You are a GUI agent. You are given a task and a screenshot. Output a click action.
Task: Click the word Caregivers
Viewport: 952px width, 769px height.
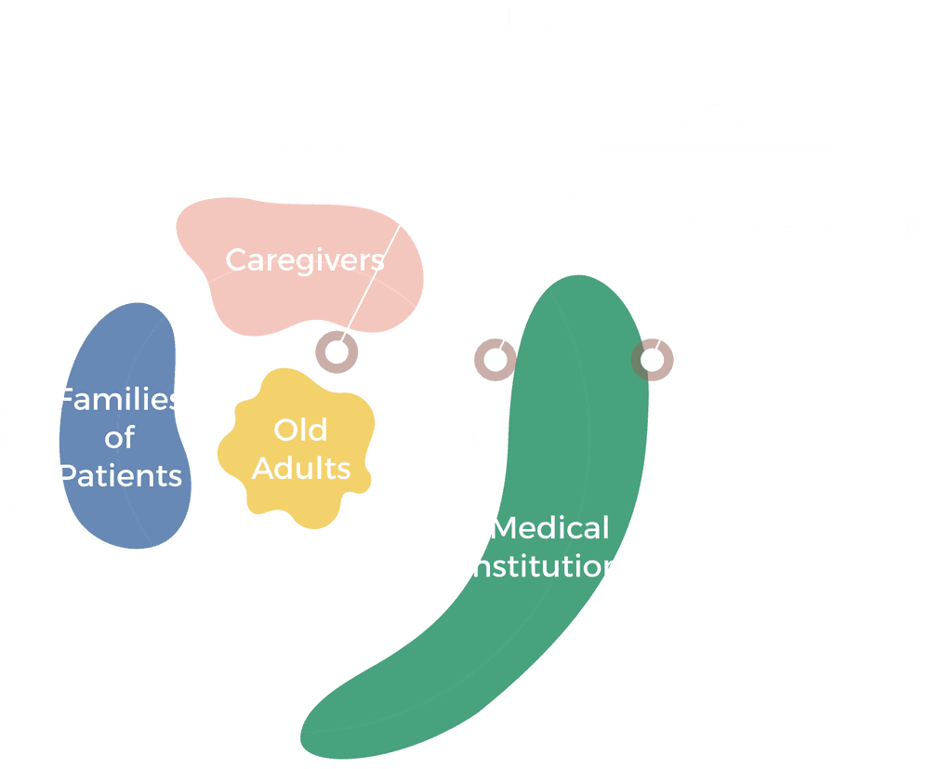tap(305, 259)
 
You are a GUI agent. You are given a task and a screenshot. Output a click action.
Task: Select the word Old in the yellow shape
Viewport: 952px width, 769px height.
tap(300, 430)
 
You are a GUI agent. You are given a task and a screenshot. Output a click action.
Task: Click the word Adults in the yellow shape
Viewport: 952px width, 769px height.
tap(301, 468)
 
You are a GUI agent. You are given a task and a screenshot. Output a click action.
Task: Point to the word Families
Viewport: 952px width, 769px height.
tap(119, 400)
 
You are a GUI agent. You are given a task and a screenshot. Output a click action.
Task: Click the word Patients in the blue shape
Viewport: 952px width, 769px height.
tap(119, 476)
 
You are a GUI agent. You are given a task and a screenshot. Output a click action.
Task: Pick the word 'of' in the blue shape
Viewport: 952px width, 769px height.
tap(119, 438)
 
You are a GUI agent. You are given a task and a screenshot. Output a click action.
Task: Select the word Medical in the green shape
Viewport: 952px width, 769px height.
tap(549, 528)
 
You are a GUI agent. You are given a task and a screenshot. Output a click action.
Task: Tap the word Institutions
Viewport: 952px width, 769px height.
tap(550, 565)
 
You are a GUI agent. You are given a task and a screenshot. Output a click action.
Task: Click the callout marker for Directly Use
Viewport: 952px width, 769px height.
tap(337, 352)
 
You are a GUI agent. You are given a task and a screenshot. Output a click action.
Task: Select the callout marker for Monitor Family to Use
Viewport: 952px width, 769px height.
tap(496, 359)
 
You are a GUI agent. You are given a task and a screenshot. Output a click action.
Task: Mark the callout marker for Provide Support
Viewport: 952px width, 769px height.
tap(653, 359)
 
